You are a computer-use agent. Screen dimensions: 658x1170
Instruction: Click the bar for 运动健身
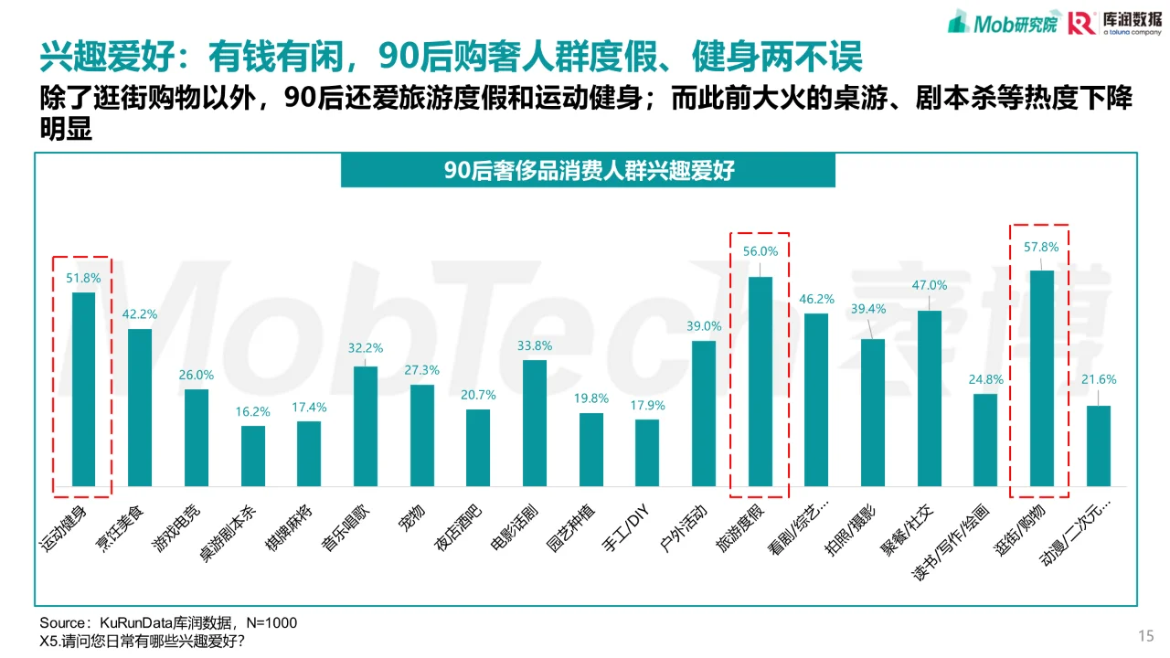coord(83,389)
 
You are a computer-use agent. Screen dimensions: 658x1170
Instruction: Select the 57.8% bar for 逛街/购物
coord(1041,378)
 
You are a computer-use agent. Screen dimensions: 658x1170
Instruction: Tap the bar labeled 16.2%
coord(253,456)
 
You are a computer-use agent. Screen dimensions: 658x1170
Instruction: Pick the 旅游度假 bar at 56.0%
coord(760,382)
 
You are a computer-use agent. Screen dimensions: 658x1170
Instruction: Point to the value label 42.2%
coord(140,314)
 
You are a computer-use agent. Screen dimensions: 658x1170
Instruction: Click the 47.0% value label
coord(930,285)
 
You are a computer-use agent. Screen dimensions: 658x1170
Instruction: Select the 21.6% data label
coord(1099,379)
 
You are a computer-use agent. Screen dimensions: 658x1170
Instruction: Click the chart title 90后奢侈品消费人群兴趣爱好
coord(588,171)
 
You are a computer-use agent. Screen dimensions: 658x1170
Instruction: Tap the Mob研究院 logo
coord(1002,22)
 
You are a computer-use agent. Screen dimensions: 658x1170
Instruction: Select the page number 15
coord(1145,636)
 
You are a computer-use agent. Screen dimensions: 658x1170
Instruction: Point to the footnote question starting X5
coord(142,641)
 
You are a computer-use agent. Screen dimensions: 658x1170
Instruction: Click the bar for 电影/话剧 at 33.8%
coord(535,423)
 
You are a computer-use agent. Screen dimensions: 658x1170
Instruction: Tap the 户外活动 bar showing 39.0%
coord(704,413)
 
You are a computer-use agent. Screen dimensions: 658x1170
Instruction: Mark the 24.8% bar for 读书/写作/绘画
coord(985,440)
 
